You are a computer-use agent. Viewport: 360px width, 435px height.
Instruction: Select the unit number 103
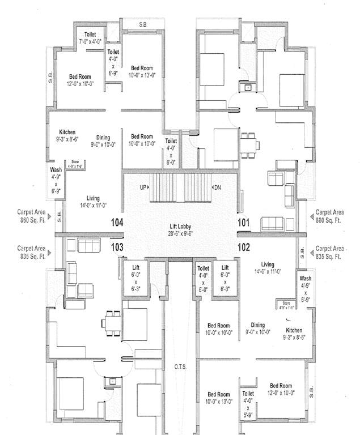pos(117,247)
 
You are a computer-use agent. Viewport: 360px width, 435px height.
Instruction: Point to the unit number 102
pos(244,247)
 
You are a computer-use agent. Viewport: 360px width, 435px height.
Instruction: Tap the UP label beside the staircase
pos(144,187)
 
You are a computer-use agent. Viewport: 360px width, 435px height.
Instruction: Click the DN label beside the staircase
pos(217,187)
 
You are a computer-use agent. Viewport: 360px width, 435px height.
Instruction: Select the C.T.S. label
pos(180,367)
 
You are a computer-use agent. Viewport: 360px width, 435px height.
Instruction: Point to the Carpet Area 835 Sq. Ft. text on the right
pos(329,252)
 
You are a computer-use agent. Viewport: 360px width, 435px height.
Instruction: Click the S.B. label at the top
pos(143,24)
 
